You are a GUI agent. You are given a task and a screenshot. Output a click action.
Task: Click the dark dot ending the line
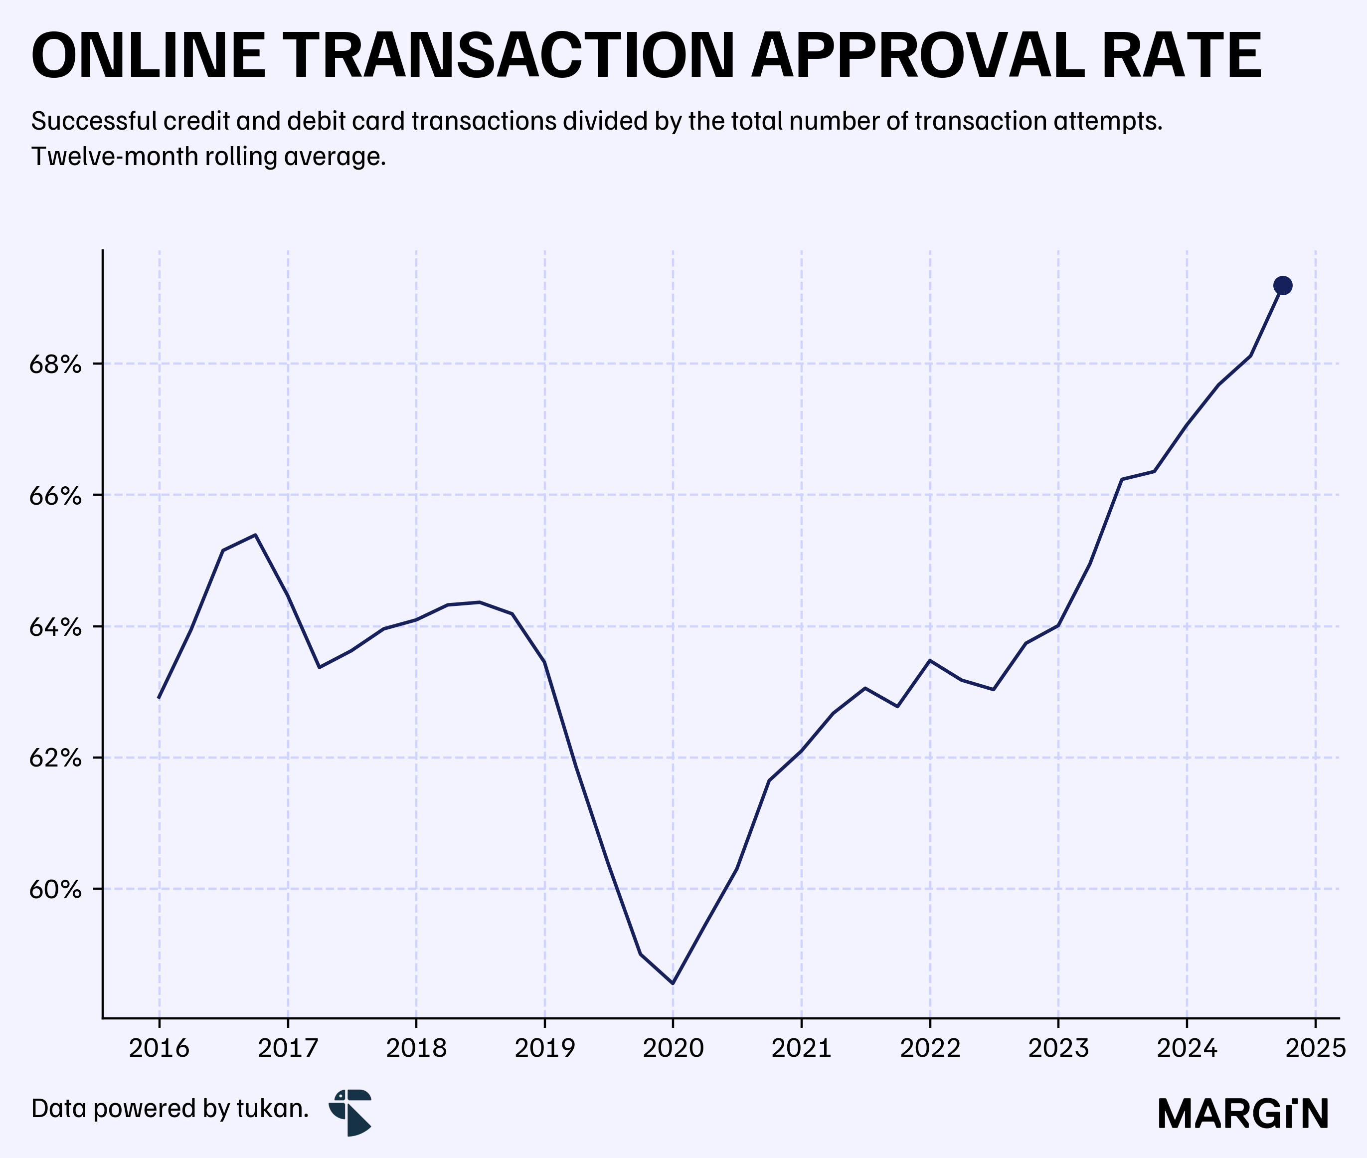pos(1282,286)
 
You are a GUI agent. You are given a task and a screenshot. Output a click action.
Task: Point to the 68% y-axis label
pos(55,365)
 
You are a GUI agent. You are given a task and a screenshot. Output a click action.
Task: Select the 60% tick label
pos(55,890)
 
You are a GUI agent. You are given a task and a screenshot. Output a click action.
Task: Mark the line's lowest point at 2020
pos(673,983)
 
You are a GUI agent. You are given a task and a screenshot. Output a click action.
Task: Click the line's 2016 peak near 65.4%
pos(255,535)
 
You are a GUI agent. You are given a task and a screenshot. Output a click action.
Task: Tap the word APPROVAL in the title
pos(917,56)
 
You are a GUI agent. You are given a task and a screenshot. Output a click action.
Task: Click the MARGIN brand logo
pos(1243,1114)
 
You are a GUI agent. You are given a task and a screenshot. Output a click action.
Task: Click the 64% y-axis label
pos(55,627)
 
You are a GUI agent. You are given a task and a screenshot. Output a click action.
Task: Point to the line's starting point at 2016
pos(159,697)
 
